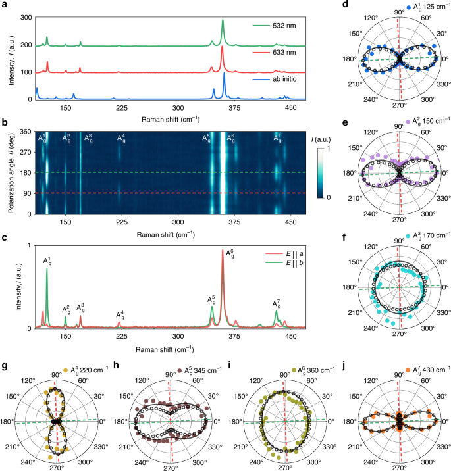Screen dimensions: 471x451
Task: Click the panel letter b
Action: pyautogui.click(x=5, y=123)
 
